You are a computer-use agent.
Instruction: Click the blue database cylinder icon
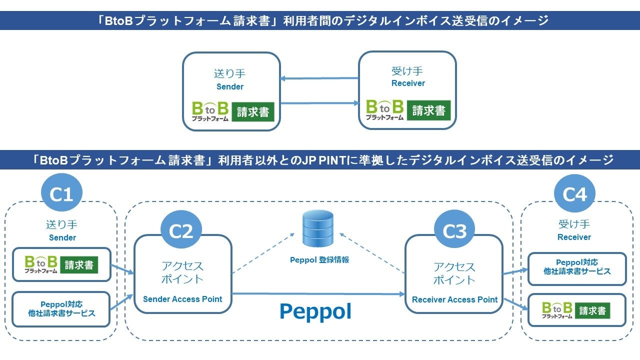click(x=317, y=228)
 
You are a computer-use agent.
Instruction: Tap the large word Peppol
click(x=315, y=312)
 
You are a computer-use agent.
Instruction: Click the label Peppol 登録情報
click(x=319, y=259)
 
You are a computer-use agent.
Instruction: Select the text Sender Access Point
click(x=182, y=299)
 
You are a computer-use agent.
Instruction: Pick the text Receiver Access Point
click(x=454, y=299)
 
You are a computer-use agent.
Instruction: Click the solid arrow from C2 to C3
click(x=318, y=293)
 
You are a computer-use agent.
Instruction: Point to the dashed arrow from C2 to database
click(x=263, y=253)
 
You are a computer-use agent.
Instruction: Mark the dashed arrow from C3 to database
click(x=372, y=253)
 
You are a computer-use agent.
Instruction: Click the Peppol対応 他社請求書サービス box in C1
click(x=61, y=309)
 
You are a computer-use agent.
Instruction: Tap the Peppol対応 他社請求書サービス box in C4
click(x=577, y=269)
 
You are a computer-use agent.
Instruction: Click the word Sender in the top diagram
click(x=230, y=86)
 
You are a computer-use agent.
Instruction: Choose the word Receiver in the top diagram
click(x=408, y=83)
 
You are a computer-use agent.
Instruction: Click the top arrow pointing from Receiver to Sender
click(x=319, y=78)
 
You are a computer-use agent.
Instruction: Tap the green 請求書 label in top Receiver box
click(x=428, y=110)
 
